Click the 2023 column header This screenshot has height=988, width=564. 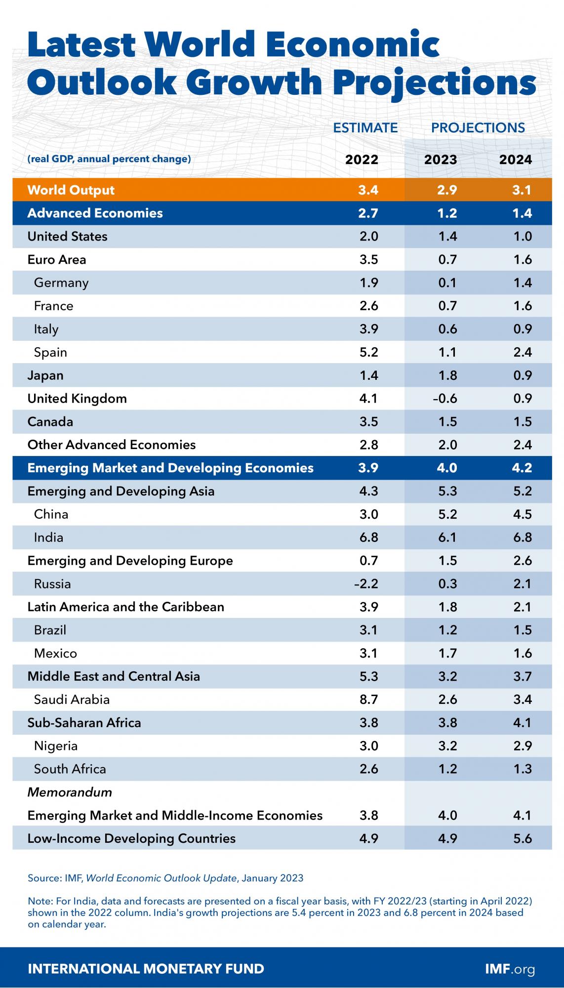(441, 160)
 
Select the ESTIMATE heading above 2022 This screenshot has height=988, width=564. (365, 127)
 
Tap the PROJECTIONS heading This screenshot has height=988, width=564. (478, 127)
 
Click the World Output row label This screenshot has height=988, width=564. (71, 190)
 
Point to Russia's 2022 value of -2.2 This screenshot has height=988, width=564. (366, 584)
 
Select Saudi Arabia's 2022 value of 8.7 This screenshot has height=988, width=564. (368, 700)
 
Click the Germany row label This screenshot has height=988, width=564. (61, 283)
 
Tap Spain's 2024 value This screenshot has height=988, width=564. (522, 352)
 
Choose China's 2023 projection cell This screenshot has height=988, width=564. (447, 514)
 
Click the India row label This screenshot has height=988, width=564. (48, 537)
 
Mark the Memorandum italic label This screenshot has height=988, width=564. (70, 792)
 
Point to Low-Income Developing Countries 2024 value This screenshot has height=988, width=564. (522, 838)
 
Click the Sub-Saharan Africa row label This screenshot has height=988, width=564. (84, 723)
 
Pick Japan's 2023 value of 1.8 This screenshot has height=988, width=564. (447, 375)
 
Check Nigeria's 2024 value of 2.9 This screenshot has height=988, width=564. (522, 746)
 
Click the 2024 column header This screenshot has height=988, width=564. (515, 160)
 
